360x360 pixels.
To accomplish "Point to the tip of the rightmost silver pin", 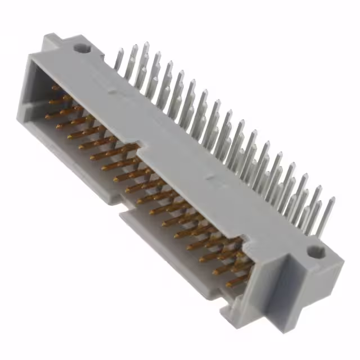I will tap(332, 200).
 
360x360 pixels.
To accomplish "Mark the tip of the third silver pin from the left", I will tap(146, 44).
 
